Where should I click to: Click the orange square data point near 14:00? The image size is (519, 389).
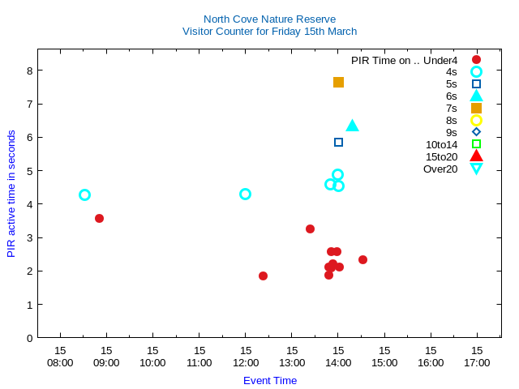[338, 82]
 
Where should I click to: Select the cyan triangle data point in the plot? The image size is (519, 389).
[352, 126]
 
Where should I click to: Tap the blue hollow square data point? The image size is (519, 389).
[338, 142]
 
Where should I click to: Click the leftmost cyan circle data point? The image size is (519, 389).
[84, 194]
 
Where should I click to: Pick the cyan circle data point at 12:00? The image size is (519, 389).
[245, 194]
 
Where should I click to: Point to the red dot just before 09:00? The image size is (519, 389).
[99, 218]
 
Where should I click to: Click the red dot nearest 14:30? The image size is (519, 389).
[362, 259]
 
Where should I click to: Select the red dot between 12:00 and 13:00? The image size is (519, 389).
[263, 276]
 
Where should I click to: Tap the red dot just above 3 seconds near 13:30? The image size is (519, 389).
[310, 229]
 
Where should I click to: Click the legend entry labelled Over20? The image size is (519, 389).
[440, 169]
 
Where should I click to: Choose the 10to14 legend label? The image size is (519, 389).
[441, 144]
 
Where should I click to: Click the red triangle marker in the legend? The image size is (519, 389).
[476, 156]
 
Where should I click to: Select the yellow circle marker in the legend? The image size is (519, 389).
[476, 120]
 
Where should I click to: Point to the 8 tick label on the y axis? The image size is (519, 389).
[29, 71]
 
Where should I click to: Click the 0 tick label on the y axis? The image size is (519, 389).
[29, 338]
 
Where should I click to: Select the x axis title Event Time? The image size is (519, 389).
[270, 380]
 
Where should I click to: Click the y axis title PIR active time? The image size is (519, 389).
[11, 194]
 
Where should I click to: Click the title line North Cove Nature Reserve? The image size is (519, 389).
[269, 19]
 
